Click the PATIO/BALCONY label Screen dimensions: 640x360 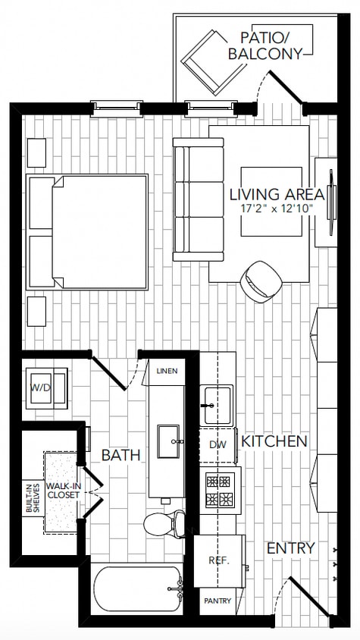pos(266,45)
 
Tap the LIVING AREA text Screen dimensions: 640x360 pos(276,194)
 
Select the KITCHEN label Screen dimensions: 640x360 pos(274,441)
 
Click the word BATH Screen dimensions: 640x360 pos(121,455)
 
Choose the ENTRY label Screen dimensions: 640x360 pos(291,547)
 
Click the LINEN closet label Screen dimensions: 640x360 pos(166,372)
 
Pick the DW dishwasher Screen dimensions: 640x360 pos(218,446)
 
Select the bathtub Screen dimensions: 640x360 pos(137,590)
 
